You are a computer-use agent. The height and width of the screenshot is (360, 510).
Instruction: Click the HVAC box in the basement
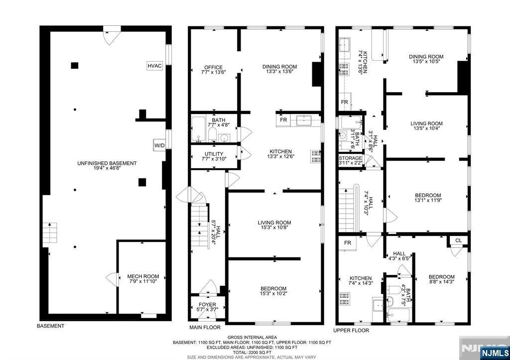[154, 66]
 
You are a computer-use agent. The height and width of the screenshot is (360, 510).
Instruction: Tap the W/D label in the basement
[159, 145]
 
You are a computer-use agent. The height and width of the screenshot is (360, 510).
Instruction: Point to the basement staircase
[50, 233]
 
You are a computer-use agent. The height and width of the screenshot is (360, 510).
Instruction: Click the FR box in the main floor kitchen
[283, 120]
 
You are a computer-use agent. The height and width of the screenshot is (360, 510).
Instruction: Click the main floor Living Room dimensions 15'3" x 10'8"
[274, 228]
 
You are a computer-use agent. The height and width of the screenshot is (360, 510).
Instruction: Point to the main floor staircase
[199, 226]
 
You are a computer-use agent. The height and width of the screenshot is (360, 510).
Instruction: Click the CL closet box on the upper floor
[458, 240]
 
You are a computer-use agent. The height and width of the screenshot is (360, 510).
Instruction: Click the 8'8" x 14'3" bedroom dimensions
[441, 282]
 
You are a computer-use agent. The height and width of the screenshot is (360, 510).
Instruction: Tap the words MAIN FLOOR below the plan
[205, 328]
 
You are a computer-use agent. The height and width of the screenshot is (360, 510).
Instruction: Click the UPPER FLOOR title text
[351, 331]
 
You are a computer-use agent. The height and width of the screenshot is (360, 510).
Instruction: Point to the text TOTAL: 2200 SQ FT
[252, 353]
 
